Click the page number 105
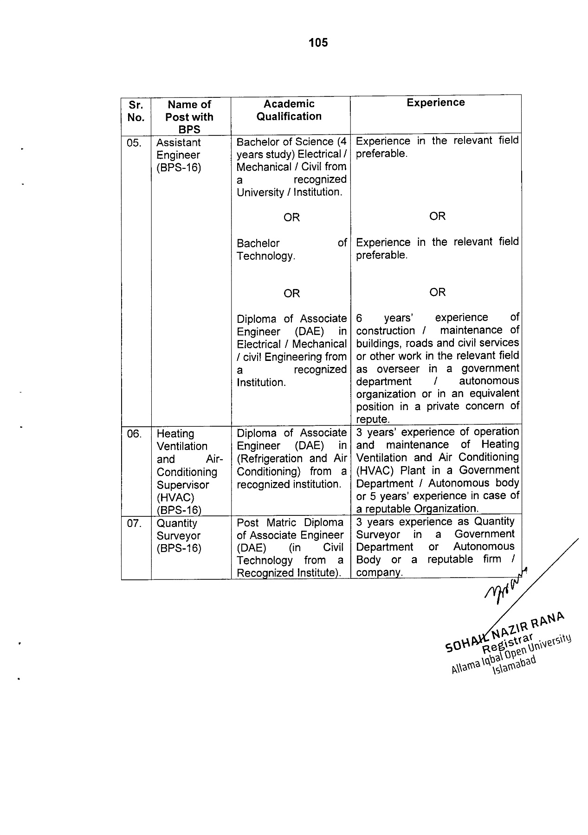(318, 43)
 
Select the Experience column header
(435, 103)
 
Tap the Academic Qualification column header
(289, 110)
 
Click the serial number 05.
(134, 143)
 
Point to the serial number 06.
(134, 434)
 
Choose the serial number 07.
(134, 524)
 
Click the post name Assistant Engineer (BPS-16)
(179, 155)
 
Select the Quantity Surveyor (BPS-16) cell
(179, 536)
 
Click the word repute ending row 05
(372, 419)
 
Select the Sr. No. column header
(136, 111)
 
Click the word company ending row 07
(378, 572)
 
